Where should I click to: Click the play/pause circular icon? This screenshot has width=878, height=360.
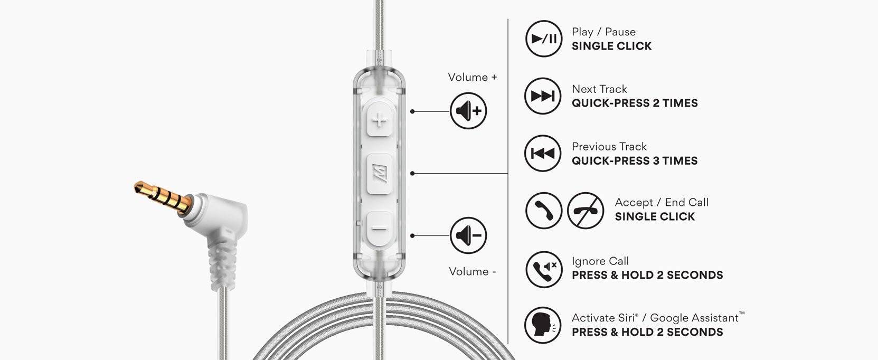tap(543, 39)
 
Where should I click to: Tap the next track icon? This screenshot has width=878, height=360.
tap(543, 96)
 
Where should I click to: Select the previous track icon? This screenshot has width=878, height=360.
tap(543, 154)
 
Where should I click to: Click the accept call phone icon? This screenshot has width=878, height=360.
tap(543, 211)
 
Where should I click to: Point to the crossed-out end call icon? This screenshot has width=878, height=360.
tap(586, 211)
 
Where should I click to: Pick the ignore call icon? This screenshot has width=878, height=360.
tap(544, 269)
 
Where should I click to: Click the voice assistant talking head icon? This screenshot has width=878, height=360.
tap(543, 325)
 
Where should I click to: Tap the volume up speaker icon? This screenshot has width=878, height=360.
tap(468, 111)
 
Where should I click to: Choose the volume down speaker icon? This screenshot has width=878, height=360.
tap(468, 235)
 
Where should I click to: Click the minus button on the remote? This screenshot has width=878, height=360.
tap(379, 229)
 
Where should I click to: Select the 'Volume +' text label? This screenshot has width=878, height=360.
tap(473, 77)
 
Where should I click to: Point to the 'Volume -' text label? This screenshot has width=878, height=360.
tap(473, 271)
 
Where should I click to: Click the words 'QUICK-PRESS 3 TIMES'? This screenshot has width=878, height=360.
tap(635, 161)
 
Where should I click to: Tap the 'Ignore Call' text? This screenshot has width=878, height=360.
tap(600, 261)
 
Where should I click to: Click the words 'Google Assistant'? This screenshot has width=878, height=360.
tap(694, 318)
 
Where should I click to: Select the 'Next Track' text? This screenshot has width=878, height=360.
tap(599, 89)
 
